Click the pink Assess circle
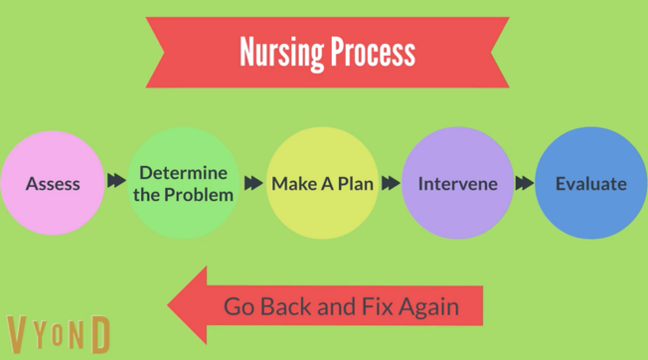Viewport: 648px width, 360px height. click(53, 184)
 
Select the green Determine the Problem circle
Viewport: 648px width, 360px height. click(184, 184)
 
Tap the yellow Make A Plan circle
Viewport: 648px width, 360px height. click(323, 184)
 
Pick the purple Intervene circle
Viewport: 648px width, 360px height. click(457, 184)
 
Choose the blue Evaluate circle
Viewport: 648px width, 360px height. click(590, 184)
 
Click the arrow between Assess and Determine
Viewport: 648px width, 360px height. click(117, 182)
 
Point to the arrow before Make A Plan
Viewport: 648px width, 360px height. click(252, 183)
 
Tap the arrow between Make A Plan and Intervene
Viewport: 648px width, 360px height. click(391, 183)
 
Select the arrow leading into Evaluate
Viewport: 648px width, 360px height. click(524, 183)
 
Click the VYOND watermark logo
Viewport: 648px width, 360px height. click(58, 336)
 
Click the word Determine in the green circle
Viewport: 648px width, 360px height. click(184, 172)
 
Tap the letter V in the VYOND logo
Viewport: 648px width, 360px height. click(19, 336)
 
